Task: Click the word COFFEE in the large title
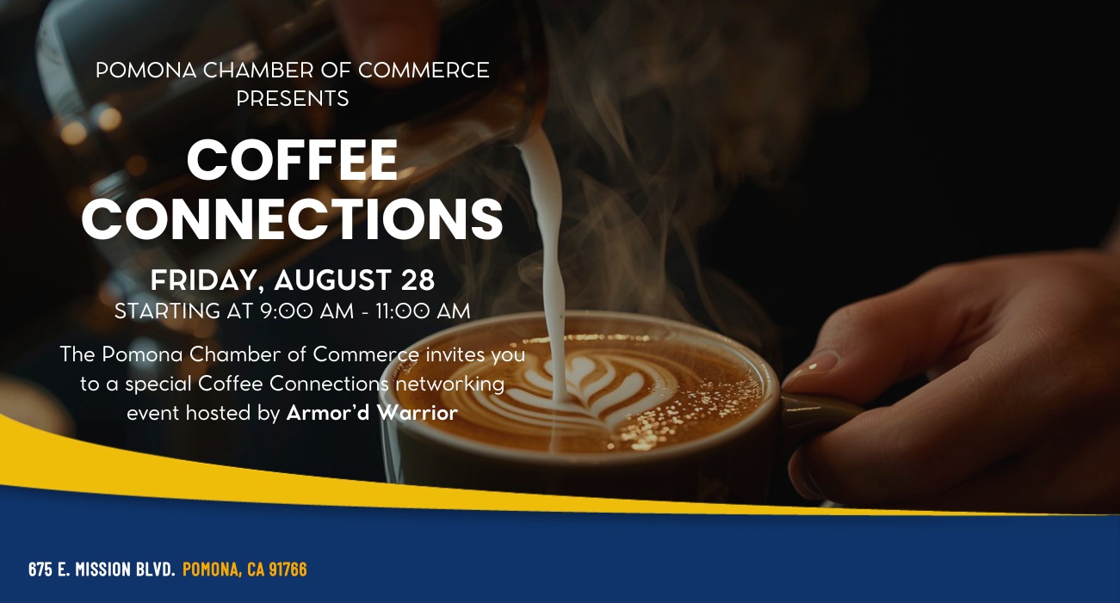pyautogui.click(x=293, y=160)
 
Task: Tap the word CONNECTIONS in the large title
pyautogui.click(x=293, y=218)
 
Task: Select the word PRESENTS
pyautogui.click(x=293, y=98)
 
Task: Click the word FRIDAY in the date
pyautogui.click(x=204, y=280)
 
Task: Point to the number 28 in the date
pyautogui.click(x=418, y=280)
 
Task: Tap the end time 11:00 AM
pyautogui.click(x=423, y=311)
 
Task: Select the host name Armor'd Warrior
pyautogui.click(x=372, y=413)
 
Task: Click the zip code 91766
pyautogui.click(x=288, y=569)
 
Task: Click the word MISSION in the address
pyautogui.click(x=103, y=569)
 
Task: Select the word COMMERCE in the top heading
pyautogui.click(x=424, y=71)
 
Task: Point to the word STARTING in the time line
pyautogui.click(x=168, y=311)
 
